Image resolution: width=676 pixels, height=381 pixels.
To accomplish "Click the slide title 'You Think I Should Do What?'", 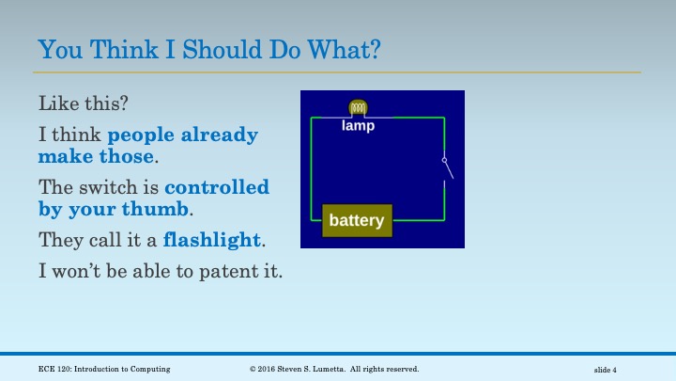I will pyautogui.click(x=209, y=49).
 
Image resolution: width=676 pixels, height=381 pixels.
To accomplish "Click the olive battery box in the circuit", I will pyautogui.click(x=357, y=220).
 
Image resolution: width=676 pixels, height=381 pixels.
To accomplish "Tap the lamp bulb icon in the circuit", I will pyautogui.click(x=358, y=108).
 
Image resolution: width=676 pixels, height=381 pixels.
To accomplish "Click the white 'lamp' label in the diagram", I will pyautogui.click(x=358, y=125).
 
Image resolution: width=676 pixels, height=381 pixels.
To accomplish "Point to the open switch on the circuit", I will pyautogui.click(x=448, y=168).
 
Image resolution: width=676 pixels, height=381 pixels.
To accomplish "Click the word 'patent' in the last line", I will pyautogui.click(x=223, y=272).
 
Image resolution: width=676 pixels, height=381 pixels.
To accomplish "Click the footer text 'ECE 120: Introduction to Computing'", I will pyautogui.click(x=104, y=369).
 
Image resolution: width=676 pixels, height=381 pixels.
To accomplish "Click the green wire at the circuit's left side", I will pyautogui.click(x=312, y=169).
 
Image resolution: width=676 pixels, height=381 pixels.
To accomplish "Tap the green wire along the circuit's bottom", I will pyautogui.click(x=418, y=220).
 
